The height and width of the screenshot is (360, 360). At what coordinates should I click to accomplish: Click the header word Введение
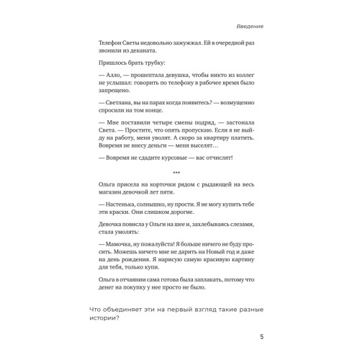click(x=248, y=26)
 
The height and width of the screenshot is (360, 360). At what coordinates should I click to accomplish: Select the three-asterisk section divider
click(x=179, y=171)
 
